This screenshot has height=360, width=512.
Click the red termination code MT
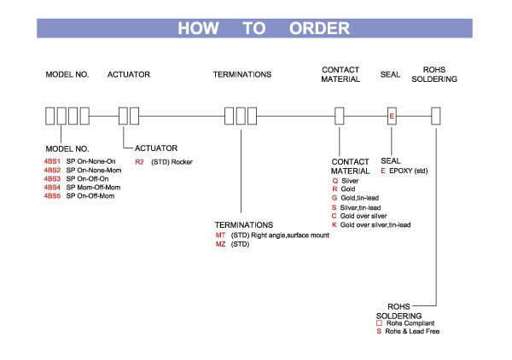pos(220,234)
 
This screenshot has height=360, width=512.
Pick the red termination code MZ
pos(220,243)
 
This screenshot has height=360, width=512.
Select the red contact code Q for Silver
pos(335,182)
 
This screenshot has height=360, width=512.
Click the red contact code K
pos(335,224)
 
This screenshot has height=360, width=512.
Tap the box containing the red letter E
pos(392,115)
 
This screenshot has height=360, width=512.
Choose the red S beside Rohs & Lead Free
pos(379,331)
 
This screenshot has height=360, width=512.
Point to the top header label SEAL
pos(391,75)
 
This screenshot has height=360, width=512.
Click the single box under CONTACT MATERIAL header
pos(339,115)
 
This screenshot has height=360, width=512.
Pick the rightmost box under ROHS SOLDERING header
pos(436,115)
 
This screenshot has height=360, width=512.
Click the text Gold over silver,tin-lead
pos(375,224)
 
